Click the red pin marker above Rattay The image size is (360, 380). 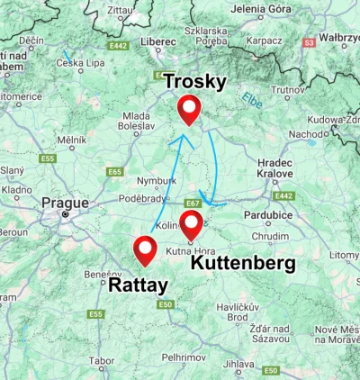pyautogui.click(x=144, y=249)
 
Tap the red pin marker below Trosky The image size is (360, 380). pyautogui.click(x=189, y=108)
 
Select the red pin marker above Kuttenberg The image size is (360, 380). pyautogui.click(x=190, y=224)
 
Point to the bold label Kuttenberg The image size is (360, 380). pyautogui.click(x=242, y=263)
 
